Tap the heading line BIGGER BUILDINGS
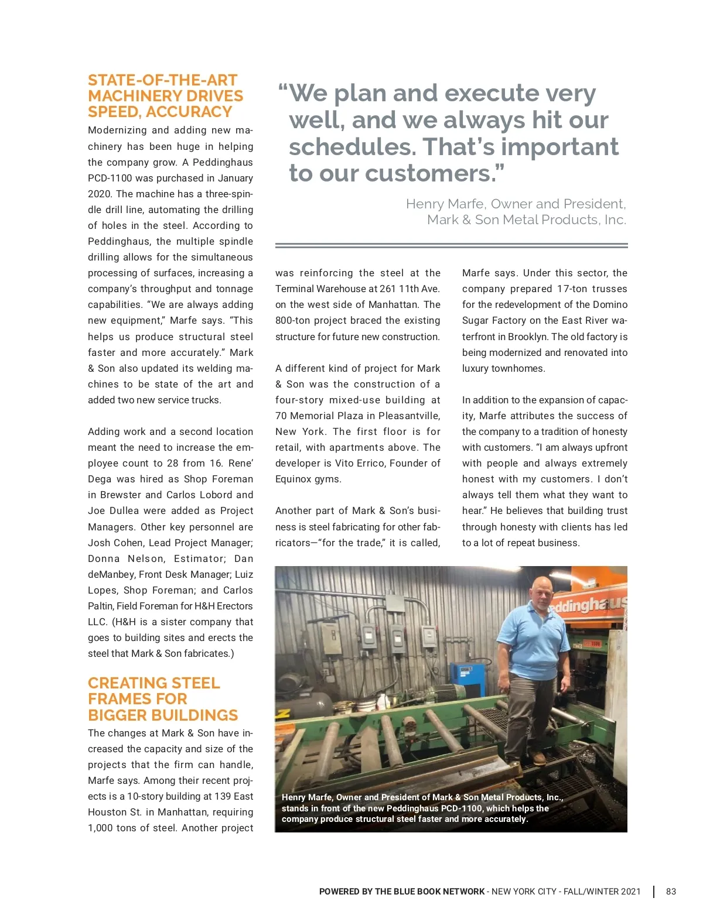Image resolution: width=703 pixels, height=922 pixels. point(163,715)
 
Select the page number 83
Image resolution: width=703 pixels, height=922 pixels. point(671,892)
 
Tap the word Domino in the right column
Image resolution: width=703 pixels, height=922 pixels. point(609,304)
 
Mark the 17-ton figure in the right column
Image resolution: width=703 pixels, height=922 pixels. point(573,289)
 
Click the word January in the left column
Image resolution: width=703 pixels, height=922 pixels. point(233,178)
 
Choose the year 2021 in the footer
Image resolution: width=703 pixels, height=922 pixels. point(630,892)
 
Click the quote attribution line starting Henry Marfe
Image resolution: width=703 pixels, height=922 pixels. point(516,204)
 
